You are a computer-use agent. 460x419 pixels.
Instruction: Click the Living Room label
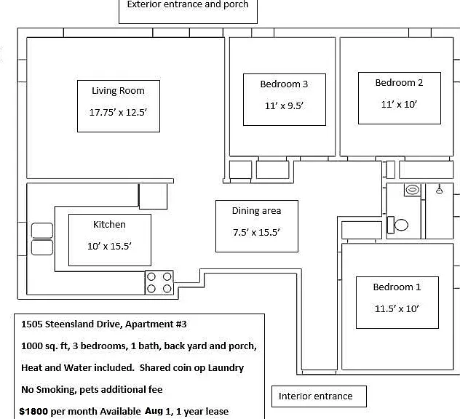118,91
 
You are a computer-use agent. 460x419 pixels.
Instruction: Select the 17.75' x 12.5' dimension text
118,112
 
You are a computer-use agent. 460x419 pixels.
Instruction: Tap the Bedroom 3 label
284,84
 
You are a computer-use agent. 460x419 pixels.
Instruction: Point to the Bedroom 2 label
399,83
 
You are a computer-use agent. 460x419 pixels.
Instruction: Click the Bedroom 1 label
397,287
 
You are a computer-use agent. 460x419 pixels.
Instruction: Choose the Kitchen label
109,225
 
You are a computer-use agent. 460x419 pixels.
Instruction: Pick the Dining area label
256,211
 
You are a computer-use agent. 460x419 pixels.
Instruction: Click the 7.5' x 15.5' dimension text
256,233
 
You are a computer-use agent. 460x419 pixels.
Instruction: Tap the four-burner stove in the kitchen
159,283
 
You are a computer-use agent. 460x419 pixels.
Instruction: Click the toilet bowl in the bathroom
401,225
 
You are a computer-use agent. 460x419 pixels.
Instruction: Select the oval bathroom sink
412,190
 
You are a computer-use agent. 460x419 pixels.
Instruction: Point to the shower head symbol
439,189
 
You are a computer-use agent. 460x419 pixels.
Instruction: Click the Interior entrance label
315,396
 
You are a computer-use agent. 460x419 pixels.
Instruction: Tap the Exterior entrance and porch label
188,4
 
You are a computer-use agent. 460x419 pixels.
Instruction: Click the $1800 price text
33,412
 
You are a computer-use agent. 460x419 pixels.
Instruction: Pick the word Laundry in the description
226,368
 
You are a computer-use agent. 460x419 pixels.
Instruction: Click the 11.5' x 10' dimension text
397,308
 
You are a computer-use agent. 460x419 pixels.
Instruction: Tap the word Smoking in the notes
56,390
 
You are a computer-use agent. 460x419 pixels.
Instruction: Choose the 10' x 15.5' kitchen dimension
109,246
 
